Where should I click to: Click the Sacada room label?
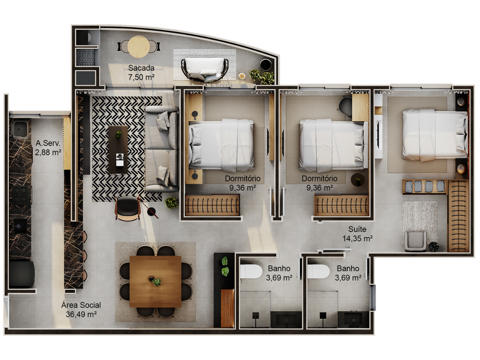point(141,68)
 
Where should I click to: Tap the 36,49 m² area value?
point(81,314)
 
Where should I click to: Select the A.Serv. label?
point(48,143)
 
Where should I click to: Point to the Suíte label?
point(357,229)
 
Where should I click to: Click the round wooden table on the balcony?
point(139,46)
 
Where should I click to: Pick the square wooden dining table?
point(155,282)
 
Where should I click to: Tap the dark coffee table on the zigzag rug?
point(118,150)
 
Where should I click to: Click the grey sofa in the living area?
point(162,149)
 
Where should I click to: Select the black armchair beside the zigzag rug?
point(128,208)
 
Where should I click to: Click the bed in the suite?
point(435,135)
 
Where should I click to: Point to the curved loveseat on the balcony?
point(205,70)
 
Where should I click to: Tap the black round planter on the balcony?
point(266,65)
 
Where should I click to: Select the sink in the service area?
point(20,129)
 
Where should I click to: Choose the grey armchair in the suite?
point(415,241)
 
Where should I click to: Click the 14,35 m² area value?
point(357,238)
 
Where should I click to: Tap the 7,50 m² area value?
point(141,77)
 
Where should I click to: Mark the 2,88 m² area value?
point(48,152)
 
